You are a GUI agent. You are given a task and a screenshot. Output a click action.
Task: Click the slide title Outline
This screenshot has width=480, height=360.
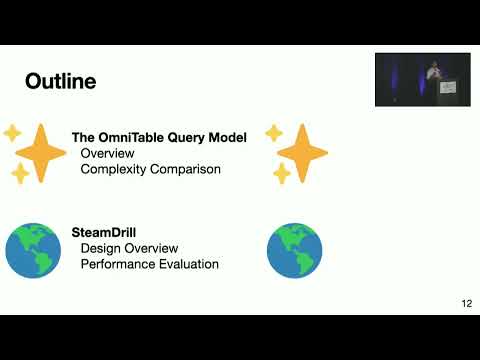pyautogui.click(x=60, y=81)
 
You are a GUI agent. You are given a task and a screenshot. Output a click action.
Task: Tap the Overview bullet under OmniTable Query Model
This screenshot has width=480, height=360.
pyautogui.click(x=108, y=154)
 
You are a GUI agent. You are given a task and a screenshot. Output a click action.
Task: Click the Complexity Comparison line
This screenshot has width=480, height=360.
pyautogui.click(x=150, y=169)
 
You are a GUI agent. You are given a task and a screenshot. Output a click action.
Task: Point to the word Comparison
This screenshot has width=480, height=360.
pyautogui.click(x=185, y=169)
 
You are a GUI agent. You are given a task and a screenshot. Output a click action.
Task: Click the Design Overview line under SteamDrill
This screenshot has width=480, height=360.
pyautogui.click(x=129, y=248)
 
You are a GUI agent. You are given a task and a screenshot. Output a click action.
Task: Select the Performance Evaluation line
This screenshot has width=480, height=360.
pyautogui.click(x=149, y=264)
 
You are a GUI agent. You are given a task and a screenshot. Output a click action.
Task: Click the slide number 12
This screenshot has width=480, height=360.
pyautogui.click(x=466, y=303)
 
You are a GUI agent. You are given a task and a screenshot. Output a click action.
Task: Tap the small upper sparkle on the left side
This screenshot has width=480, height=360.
pyautogui.click(x=12, y=132)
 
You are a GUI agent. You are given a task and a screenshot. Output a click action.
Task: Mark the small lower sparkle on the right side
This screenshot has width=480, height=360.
pyautogui.click(x=282, y=174)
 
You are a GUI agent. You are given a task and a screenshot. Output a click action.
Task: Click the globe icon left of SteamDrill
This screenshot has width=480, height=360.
pyautogui.click(x=33, y=250)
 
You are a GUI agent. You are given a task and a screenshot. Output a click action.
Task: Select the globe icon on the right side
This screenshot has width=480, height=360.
pyautogui.click(x=294, y=250)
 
